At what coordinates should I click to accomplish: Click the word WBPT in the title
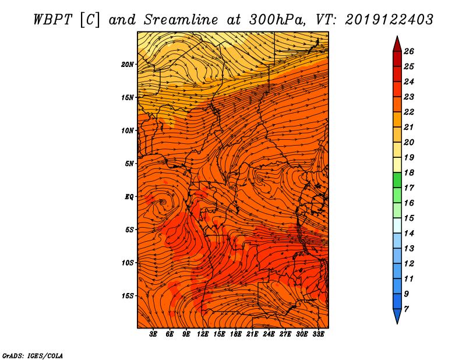tap(52, 20)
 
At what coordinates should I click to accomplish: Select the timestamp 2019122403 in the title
tap(389, 20)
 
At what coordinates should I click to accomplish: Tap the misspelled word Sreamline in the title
tap(181, 20)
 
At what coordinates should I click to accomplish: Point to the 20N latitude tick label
tap(128, 65)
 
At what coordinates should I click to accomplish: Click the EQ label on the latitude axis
tap(129, 197)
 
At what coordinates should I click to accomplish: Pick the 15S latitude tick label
tap(128, 296)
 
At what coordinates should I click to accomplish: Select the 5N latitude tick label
tap(129, 164)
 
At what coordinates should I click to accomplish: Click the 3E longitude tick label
tap(153, 334)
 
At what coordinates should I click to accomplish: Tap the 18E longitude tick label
tap(236, 334)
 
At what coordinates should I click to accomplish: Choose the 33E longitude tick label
tap(318, 334)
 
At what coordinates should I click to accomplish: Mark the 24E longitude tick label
tap(269, 334)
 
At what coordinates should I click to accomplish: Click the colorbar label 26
tap(409, 51)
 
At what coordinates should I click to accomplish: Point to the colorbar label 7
tap(406, 309)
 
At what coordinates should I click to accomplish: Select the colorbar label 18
tap(409, 172)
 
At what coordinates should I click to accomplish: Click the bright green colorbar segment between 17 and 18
tap(397, 180)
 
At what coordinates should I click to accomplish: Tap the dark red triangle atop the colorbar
tap(397, 44)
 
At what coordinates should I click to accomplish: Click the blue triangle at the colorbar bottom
tap(397, 316)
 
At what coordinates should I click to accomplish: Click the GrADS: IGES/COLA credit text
tap(33, 355)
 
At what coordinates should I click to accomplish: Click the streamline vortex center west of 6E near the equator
tap(163, 202)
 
